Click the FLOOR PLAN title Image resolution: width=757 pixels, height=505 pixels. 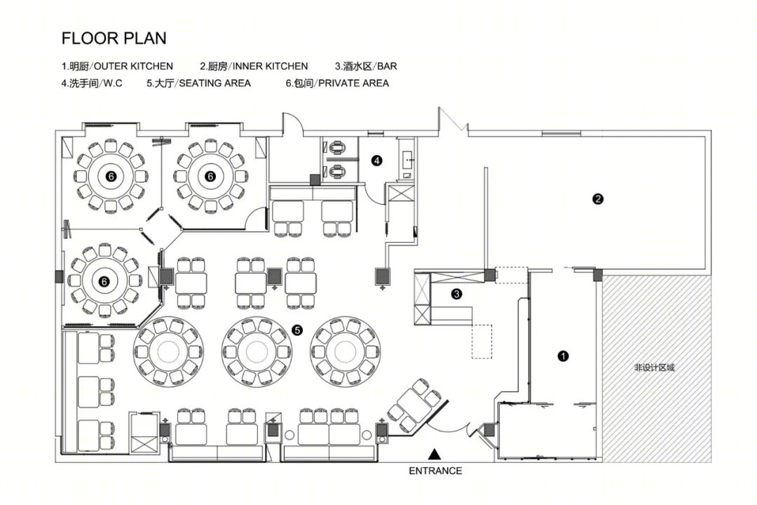pyautogui.click(x=114, y=38)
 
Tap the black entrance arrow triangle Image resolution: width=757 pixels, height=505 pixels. pyautogui.click(x=435, y=454)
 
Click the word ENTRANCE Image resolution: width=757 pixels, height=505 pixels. pyautogui.click(x=435, y=471)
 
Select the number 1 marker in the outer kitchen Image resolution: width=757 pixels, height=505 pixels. pyautogui.click(x=563, y=356)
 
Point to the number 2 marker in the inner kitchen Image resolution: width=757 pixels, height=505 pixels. pyautogui.click(x=598, y=198)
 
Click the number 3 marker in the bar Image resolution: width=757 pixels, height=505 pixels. pyautogui.click(x=456, y=293)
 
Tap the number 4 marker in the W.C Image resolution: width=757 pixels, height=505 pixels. pyautogui.click(x=376, y=160)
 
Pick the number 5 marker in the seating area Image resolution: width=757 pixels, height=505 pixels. pyautogui.click(x=297, y=330)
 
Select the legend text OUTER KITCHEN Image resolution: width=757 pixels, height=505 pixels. pyautogui.click(x=133, y=66)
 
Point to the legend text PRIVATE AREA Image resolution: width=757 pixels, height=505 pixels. pyautogui.click(x=353, y=83)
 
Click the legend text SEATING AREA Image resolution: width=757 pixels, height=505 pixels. pyautogui.click(x=215, y=83)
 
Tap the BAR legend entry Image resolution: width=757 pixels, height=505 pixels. pyautogui.click(x=387, y=66)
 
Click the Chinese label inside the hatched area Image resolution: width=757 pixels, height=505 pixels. pyautogui.click(x=654, y=368)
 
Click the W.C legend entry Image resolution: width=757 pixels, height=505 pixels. pyautogui.click(x=112, y=83)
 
